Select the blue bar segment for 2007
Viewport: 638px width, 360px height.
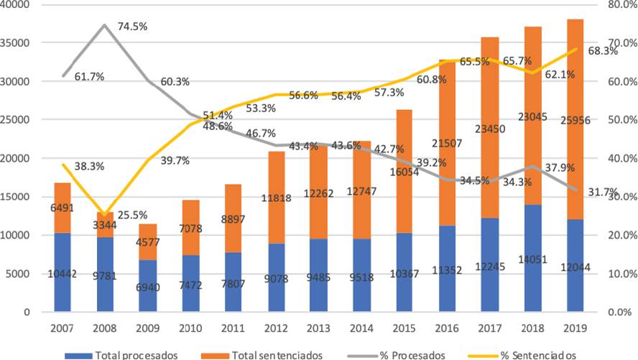tap(63, 272)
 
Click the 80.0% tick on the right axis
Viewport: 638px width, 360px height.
tap(620, 4)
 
